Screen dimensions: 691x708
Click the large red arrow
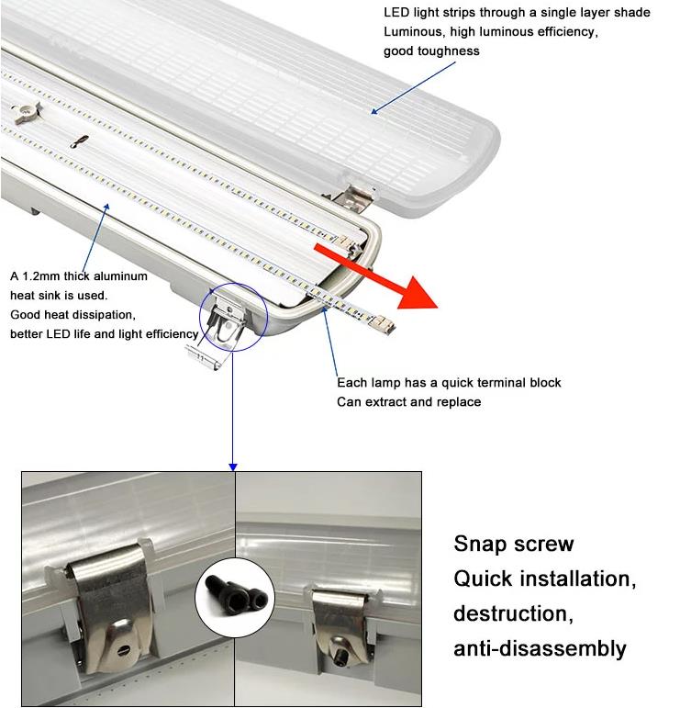pyautogui.click(x=374, y=275)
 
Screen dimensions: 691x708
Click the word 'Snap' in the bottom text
pyautogui.click(x=479, y=545)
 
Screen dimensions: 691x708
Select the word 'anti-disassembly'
pyautogui.click(x=540, y=648)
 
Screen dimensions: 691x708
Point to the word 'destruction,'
pyautogui.click(x=514, y=613)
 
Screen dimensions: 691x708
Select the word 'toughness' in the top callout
pyautogui.click(x=449, y=51)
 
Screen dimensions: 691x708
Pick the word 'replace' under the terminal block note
pyautogui.click(x=459, y=402)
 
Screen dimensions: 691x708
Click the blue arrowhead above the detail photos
pyautogui.click(x=233, y=466)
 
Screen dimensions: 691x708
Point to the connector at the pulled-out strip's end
pyautogui.click(x=384, y=325)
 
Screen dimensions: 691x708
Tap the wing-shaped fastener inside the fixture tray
pyautogui.click(x=28, y=113)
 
